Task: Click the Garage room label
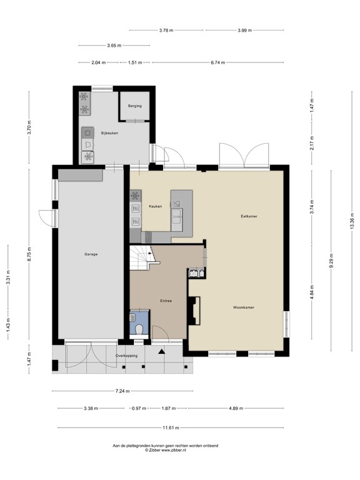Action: coord(91,254)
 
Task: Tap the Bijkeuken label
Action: coord(109,133)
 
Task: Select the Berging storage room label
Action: coord(135,106)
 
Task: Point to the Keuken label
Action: coord(156,206)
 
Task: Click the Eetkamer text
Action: coord(249,216)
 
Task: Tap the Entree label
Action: coord(165,301)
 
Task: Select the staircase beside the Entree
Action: coord(143,257)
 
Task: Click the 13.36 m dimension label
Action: coord(352,222)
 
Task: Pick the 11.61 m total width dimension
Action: coord(170,428)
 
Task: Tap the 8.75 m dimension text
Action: coord(29,255)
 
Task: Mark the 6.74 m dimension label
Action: coord(218,62)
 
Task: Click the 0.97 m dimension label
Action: coord(138,409)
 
